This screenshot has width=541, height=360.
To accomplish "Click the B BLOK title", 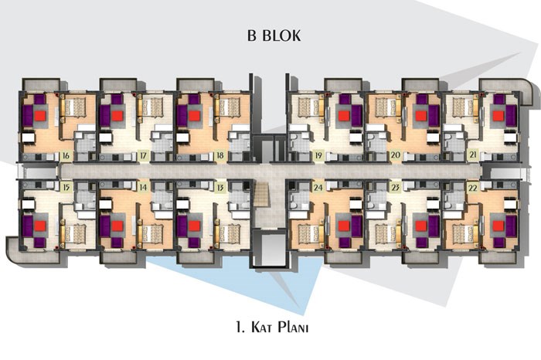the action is coord(274,36).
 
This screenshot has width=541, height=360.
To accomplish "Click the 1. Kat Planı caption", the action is coord(272,328).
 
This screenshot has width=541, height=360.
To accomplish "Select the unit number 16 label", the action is coord(66,155).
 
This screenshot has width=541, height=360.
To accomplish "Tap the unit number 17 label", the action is coord(143,155).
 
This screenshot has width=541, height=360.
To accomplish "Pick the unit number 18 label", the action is coord(219,155).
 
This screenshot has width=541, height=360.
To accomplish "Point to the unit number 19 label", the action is coord(318,155).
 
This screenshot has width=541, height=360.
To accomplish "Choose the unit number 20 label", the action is coord(396,155).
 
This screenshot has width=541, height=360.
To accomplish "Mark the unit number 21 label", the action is coord(473,155).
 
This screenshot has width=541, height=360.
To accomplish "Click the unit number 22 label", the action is coord(473,188).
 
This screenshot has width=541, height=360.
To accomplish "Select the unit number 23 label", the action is coord(396,188).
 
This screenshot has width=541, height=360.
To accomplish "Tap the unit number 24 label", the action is coord(318,188).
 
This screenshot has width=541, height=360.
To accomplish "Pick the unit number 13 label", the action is coord(219,188).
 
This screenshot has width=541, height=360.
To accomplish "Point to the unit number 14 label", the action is coord(143,188).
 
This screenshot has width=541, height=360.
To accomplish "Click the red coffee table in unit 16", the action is coord(40,116).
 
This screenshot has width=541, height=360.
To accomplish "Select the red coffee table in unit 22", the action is coord(498,226).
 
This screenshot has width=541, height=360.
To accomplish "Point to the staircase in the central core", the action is coord(262,195).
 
